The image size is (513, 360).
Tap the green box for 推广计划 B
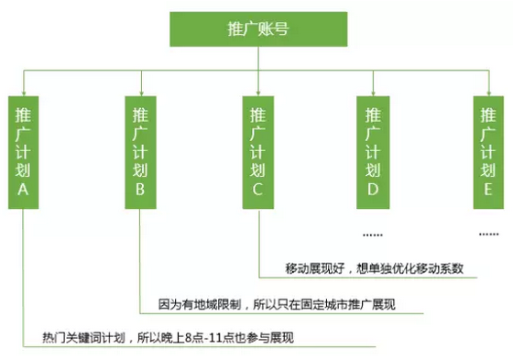tap(140, 148)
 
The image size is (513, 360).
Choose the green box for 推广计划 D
tap(373, 148)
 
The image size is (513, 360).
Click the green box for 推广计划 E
tap(487, 148)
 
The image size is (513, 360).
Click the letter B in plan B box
tap(140, 190)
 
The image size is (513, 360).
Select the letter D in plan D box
tap(373, 190)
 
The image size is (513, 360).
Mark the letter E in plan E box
tap(487, 190)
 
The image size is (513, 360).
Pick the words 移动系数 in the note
tap(442, 268)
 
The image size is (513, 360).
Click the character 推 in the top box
tap(240, 29)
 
